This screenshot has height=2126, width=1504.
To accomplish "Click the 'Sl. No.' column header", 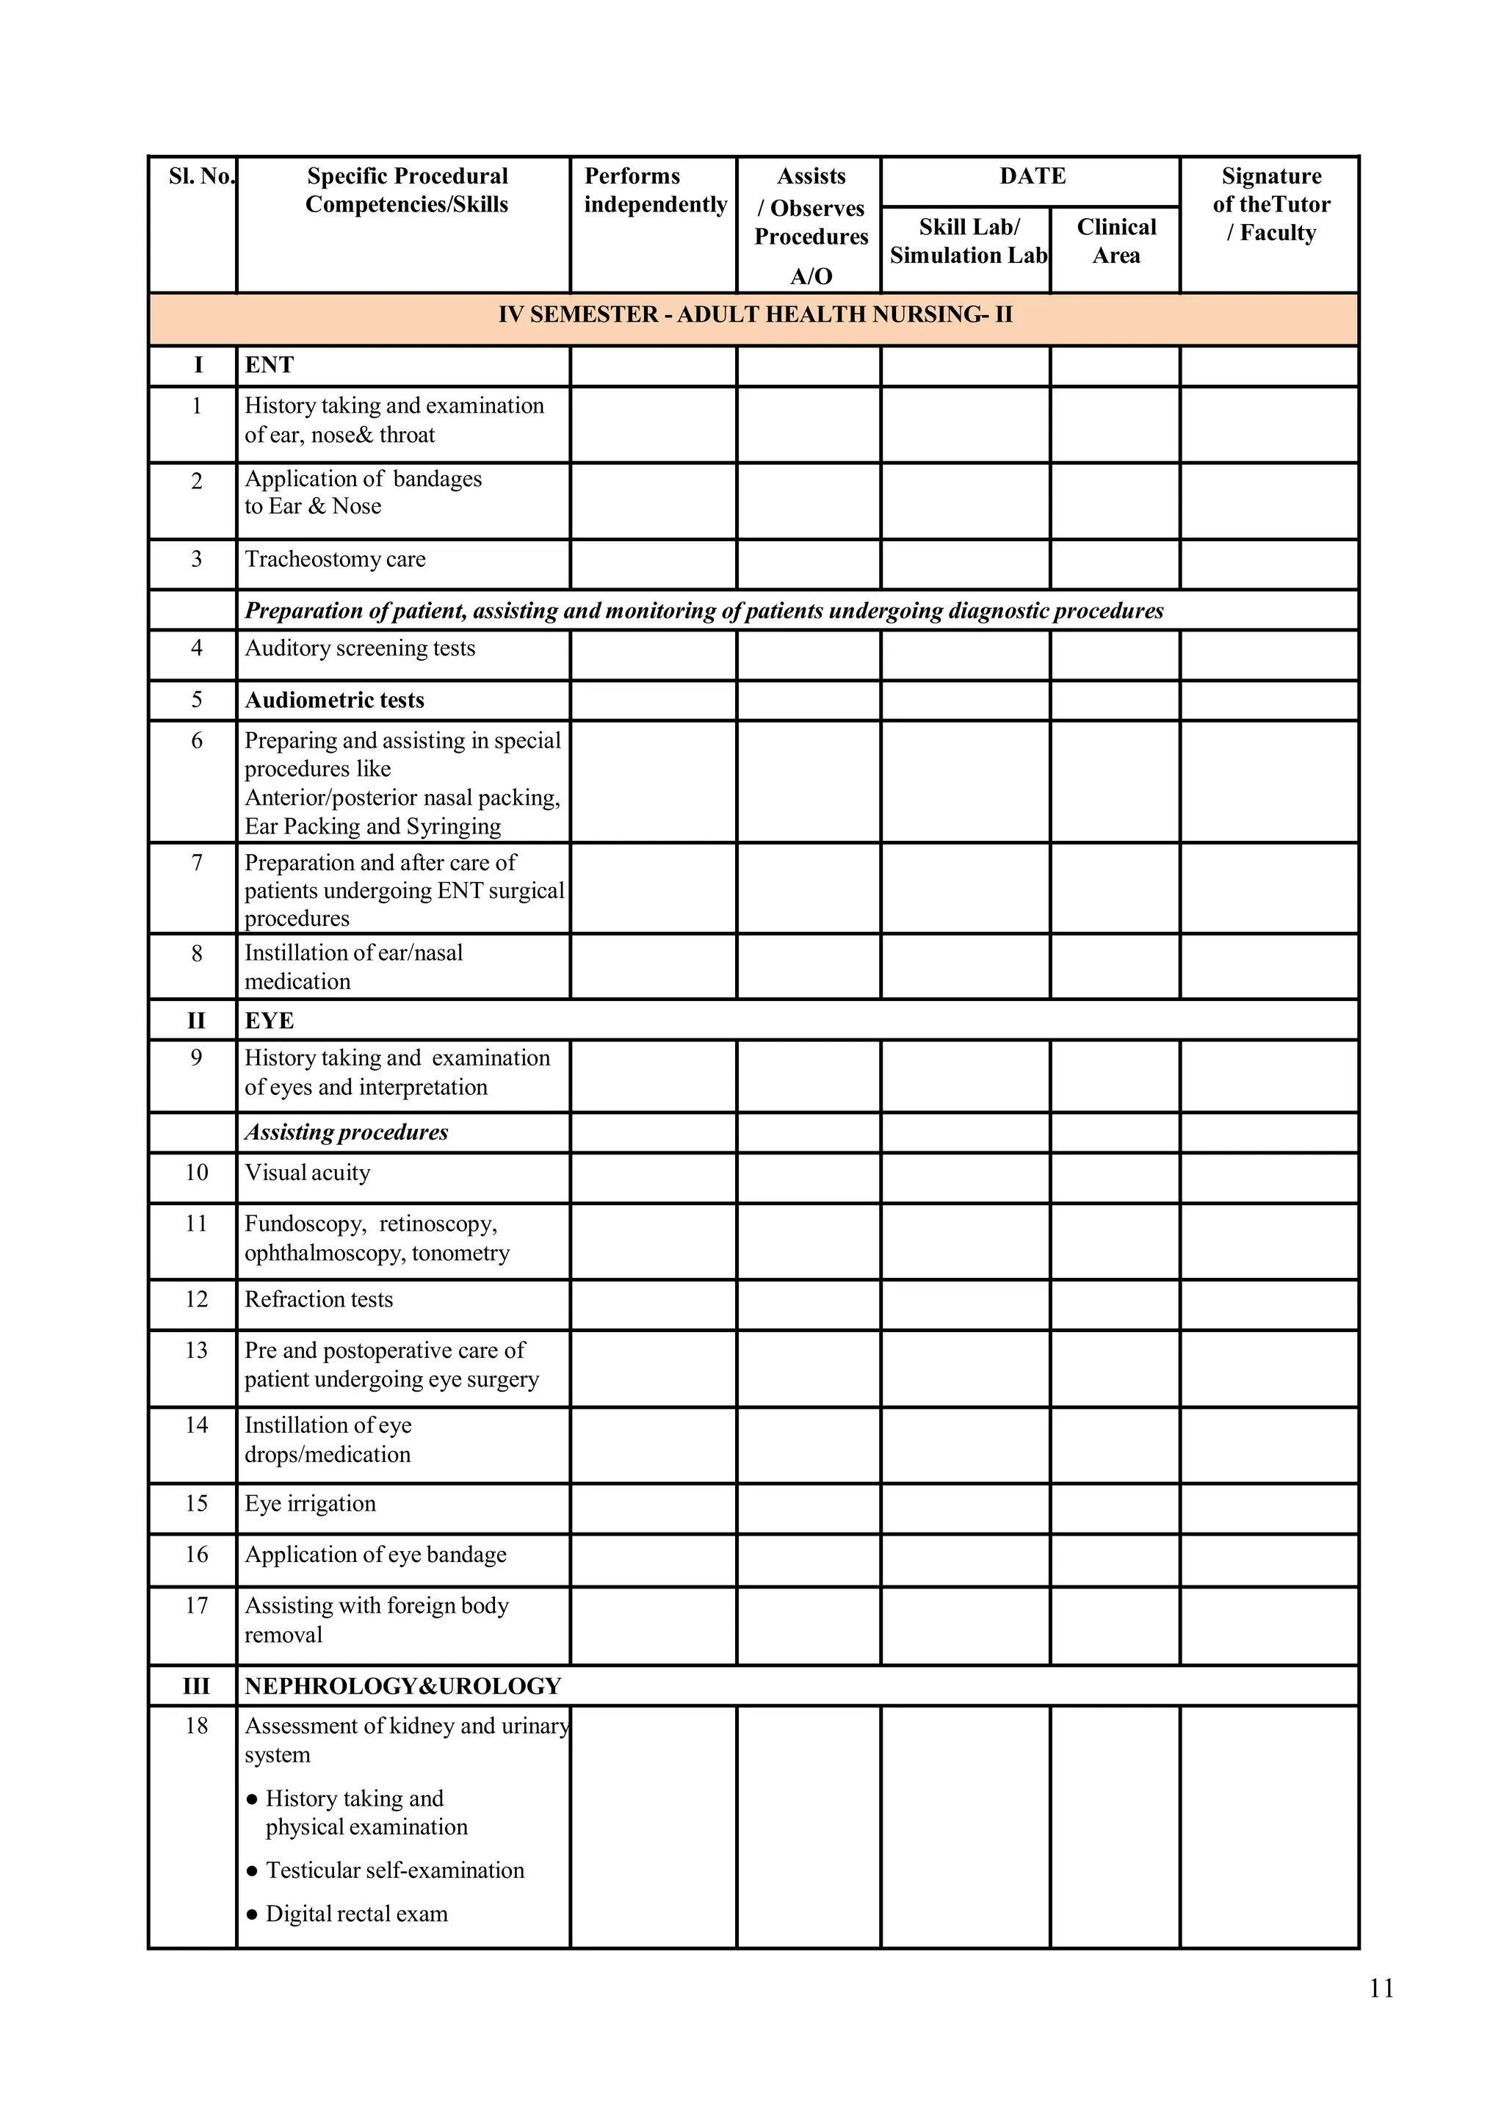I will click(200, 177).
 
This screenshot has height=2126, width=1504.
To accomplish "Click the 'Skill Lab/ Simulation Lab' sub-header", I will click(967, 242).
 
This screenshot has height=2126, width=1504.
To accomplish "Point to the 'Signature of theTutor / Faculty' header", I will click(1270, 205).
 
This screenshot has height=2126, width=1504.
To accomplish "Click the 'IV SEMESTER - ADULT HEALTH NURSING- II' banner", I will click(754, 315).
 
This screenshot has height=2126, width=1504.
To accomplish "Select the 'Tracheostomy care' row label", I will click(334, 560).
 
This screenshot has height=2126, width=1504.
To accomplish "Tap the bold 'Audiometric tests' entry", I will click(334, 700).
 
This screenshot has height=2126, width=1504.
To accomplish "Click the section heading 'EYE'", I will click(269, 1020).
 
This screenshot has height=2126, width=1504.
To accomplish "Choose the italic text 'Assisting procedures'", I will click(345, 1132).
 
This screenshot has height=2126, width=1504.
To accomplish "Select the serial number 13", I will click(196, 1350).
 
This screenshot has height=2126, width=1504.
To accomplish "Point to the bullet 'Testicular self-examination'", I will click(394, 1870).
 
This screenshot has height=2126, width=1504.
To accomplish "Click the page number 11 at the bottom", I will click(1381, 1988).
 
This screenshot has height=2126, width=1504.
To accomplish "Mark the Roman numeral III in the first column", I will click(196, 1685).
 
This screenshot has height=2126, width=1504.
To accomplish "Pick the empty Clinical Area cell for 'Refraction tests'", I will click(1115, 1305).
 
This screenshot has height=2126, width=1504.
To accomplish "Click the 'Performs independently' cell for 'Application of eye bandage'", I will click(653, 1561).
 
